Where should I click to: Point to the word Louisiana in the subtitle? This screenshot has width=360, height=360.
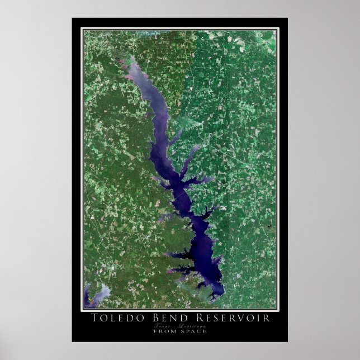pos(193,325)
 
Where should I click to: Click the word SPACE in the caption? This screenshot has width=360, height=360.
pos(194,331)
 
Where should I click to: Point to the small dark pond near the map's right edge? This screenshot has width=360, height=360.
pos(268,226)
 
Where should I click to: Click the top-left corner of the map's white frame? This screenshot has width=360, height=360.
pos(82,29)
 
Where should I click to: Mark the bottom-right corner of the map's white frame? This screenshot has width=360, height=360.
pos(278,310)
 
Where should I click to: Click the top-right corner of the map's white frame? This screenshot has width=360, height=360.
pos(278,29)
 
